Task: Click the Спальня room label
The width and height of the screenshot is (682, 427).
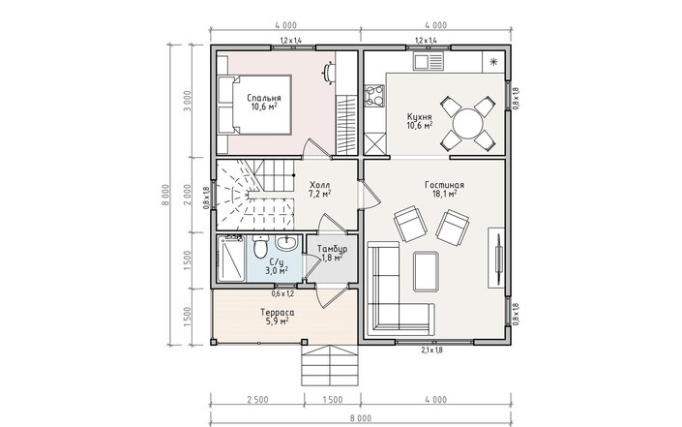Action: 263,98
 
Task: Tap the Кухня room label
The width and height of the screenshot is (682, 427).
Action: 419,117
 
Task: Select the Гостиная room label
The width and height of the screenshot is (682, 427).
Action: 445,185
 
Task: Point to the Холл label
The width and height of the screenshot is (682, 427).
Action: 319,185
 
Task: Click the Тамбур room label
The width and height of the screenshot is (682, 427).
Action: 333,249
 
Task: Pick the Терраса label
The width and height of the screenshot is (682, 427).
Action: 278,313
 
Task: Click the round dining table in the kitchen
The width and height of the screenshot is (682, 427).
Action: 467,124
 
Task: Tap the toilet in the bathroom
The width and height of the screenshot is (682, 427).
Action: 260,247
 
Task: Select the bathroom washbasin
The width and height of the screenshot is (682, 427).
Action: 285,243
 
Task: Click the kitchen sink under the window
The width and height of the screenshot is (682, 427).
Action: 428,61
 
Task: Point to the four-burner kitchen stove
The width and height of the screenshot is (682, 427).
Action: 374,96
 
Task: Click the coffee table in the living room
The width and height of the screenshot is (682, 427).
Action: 426,271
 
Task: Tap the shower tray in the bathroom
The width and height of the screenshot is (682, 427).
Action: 231,259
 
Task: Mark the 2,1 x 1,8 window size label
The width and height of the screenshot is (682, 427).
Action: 431,350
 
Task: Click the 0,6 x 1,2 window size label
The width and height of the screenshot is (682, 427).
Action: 282,293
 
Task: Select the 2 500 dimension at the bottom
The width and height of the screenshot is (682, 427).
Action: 257,400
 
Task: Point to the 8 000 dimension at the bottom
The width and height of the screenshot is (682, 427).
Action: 361,418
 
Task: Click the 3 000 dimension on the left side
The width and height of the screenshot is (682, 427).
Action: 188,101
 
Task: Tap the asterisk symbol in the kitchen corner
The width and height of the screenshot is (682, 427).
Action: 493,62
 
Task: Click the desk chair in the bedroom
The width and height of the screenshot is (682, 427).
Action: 329,72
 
